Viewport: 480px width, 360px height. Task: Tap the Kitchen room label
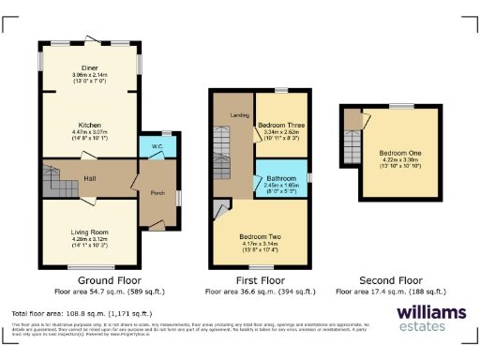[x=89, y=124]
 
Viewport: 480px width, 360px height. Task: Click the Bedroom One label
[x=401, y=152]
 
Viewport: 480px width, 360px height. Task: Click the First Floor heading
[x=259, y=279]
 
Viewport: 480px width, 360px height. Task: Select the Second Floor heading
[x=392, y=279]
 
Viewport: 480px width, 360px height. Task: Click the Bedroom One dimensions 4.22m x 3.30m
[x=401, y=160]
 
